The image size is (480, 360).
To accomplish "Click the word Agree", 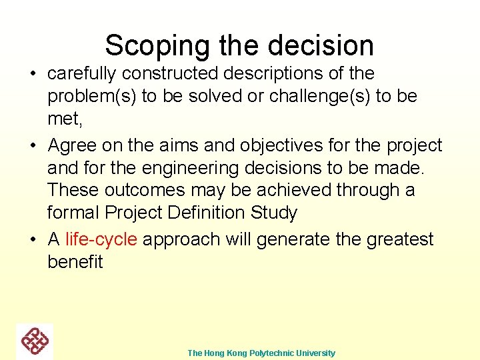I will (73, 145).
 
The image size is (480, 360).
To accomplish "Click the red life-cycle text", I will (101, 240).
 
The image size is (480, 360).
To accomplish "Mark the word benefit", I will (75, 262).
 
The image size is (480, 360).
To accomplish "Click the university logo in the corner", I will (35, 341).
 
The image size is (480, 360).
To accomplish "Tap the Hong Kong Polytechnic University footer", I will (261, 353).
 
